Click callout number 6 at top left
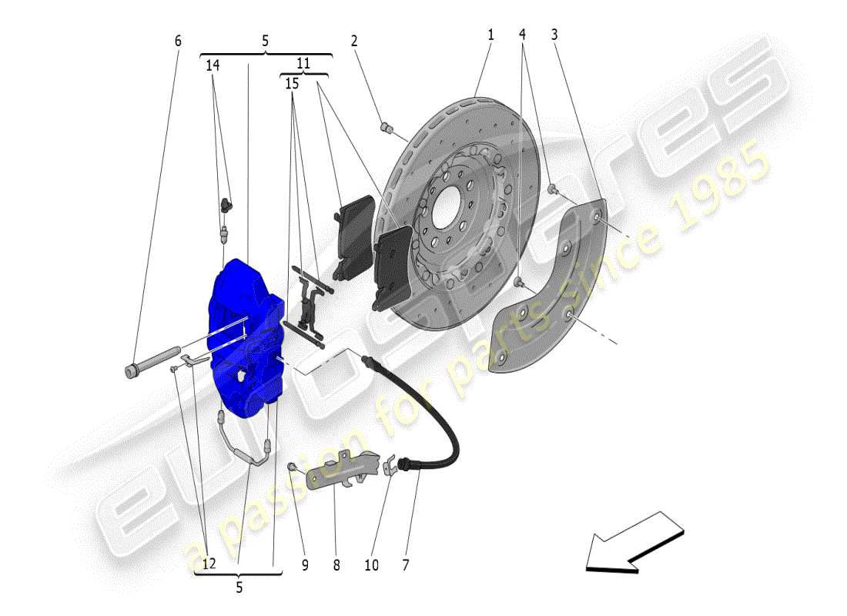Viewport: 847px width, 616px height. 178,40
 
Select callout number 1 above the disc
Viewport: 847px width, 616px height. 490,35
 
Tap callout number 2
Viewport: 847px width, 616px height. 355,40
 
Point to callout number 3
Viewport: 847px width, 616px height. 554,35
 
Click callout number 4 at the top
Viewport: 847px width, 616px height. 523,35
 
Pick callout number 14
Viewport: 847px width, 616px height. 213,66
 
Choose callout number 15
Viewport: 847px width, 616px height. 292,82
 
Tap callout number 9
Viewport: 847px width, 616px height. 305,564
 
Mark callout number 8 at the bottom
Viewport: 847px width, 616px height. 336,564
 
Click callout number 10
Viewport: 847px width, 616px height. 371,564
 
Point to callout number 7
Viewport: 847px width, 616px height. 405,564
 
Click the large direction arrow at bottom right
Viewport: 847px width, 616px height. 633,543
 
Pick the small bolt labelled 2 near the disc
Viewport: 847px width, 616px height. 387,126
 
